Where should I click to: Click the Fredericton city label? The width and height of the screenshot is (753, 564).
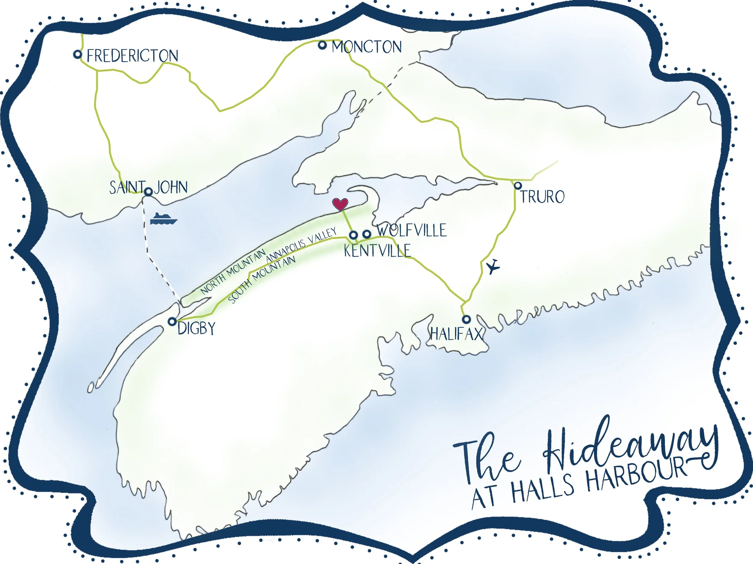(133, 56)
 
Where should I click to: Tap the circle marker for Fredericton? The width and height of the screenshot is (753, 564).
(78, 54)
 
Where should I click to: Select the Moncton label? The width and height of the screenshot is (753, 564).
(367, 47)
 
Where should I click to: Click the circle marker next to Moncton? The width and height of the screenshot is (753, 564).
(322, 45)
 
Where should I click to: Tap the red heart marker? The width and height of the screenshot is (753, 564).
(340, 204)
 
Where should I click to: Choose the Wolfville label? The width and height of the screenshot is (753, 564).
(411, 230)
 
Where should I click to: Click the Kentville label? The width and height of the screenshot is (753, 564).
(377, 251)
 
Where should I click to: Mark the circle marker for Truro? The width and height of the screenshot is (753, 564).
(518, 186)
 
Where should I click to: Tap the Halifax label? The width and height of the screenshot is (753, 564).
(456, 334)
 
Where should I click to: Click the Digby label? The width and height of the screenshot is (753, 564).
(196, 329)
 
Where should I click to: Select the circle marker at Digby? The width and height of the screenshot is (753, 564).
(172, 321)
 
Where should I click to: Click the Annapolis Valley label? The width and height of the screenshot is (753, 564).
(301, 245)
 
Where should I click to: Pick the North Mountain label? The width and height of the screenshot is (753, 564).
(233, 272)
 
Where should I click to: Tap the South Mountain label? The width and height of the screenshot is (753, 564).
(261, 280)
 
